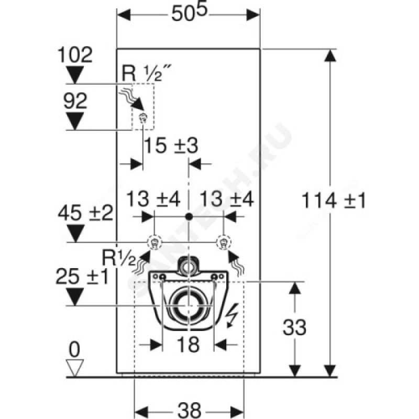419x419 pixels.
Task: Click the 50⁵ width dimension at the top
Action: (189, 13)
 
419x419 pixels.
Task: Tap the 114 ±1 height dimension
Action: (334, 201)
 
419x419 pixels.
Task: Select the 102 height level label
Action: (75, 55)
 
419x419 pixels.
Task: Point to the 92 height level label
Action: (75, 101)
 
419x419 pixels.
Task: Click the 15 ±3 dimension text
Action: (171, 146)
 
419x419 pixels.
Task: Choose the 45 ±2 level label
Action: (86, 214)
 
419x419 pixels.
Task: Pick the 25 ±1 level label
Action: (82, 277)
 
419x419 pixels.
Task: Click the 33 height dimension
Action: (294, 327)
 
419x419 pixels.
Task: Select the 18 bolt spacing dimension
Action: (189, 345)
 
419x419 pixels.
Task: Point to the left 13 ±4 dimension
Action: (153, 199)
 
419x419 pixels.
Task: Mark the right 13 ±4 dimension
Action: (227, 199)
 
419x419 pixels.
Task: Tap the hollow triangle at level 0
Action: (75, 368)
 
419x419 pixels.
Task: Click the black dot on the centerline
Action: (189, 216)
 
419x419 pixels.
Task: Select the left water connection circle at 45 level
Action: (155, 242)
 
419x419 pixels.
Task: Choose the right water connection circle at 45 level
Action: (224, 242)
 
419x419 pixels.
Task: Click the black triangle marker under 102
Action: (75, 75)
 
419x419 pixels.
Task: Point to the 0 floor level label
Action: (74, 349)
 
